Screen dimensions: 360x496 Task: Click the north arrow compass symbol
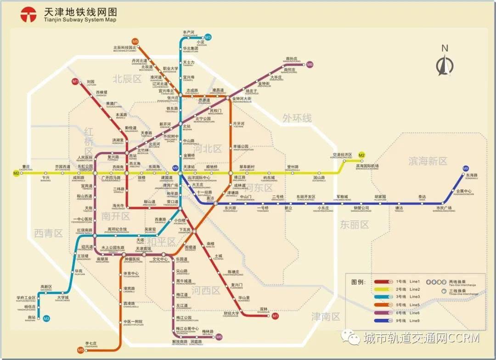coord(444,62)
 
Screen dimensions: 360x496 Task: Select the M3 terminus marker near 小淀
coord(208,37)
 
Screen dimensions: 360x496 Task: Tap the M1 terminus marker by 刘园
coord(75,82)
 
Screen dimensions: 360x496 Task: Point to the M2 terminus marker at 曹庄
coord(16,173)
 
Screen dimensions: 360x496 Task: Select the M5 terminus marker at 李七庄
coord(81,350)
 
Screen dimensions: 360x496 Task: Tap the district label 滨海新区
coord(428,161)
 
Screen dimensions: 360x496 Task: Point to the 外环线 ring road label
coord(297,118)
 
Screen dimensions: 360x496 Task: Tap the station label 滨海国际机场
coord(367,166)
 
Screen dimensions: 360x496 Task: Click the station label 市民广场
coord(444,209)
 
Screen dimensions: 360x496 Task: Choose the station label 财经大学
coord(231,314)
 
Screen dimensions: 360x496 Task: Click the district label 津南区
coord(326,316)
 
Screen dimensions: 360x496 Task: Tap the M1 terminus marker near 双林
coord(275,316)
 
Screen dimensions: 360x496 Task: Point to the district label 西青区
coord(48,233)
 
